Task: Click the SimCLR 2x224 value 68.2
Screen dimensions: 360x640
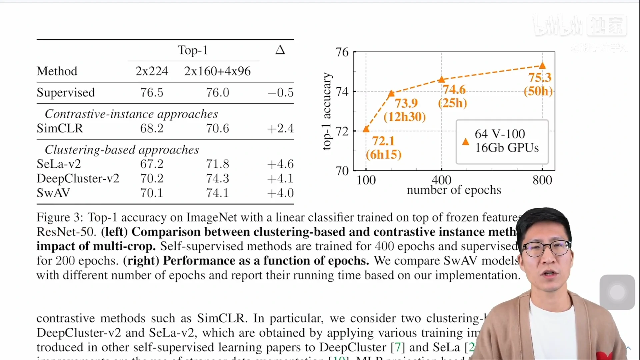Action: (x=152, y=128)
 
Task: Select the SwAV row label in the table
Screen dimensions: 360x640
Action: (x=53, y=193)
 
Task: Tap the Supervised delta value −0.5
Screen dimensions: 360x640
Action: (x=280, y=92)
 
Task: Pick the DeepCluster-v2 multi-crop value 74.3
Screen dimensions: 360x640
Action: (x=217, y=179)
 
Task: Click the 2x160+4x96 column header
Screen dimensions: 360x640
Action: (x=217, y=71)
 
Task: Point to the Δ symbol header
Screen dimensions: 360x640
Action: (x=280, y=50)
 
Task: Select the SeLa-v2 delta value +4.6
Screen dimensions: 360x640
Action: (x=280, y=164)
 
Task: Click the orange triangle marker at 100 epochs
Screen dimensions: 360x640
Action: (x=366, y=129)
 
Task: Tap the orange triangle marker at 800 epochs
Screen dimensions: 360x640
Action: (x=542, y=66)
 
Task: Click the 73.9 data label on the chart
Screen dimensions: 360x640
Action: (x=406, y=103)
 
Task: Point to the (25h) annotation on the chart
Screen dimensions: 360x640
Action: (x=452, y=103)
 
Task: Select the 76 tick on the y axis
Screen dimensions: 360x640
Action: (x=342, y=52)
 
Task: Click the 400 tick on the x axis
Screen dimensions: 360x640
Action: (x=441, y=180)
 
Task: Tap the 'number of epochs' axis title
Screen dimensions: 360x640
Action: (x=454, y=190)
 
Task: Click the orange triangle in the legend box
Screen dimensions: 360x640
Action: (x=466, y=142)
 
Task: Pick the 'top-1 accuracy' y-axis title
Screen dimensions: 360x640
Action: (x=327, y=111)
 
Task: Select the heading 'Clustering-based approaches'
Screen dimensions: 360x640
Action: (x=122, y=150)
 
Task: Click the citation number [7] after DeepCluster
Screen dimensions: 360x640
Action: (x=398, y=347)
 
